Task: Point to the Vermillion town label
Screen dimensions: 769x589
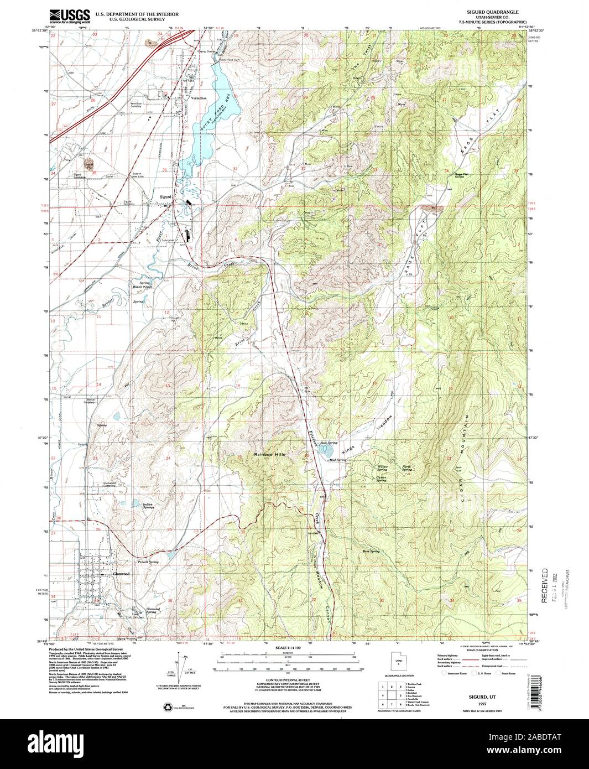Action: (199, 98)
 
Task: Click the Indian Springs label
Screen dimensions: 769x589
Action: (148, 506)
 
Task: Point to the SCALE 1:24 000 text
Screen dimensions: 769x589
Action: (289, 647)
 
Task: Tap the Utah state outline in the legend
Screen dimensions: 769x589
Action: (397, 660)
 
